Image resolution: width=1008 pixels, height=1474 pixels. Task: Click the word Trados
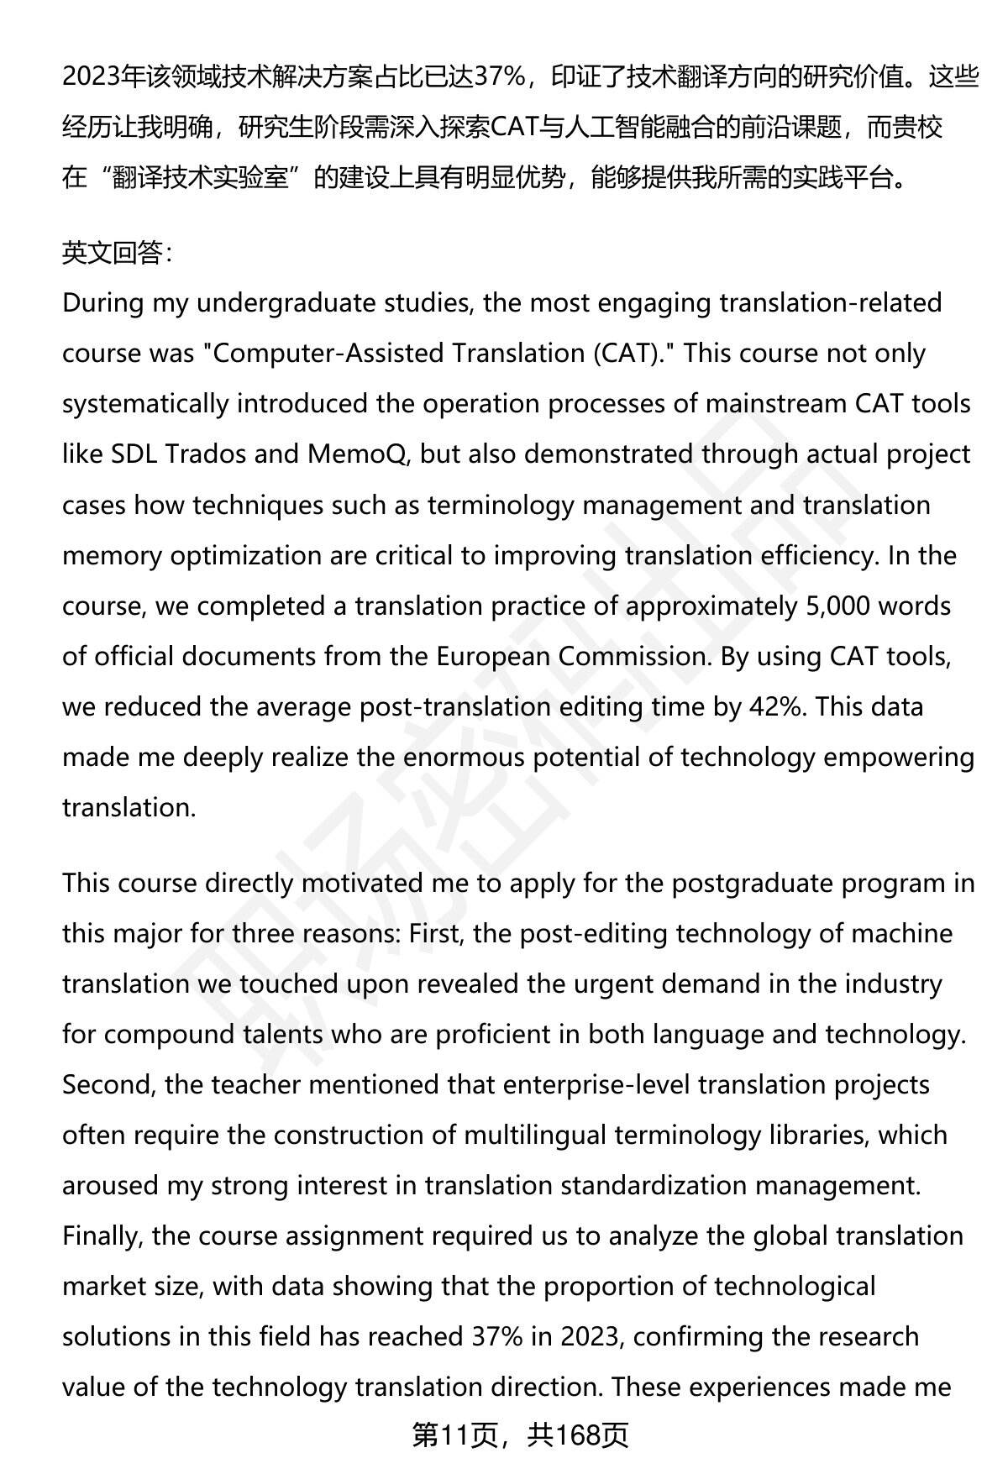206,454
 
